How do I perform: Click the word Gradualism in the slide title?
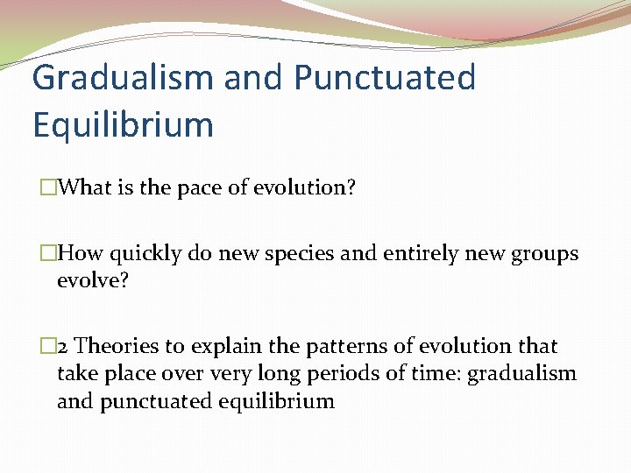pyautogui.click(x=121, y=78)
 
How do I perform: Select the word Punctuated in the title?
pyautogui.click(x=385, y=78)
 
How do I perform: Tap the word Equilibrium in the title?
pyautogui.click(x=123, y=124)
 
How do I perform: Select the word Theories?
pyautogui.click(x=124, y=347)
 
